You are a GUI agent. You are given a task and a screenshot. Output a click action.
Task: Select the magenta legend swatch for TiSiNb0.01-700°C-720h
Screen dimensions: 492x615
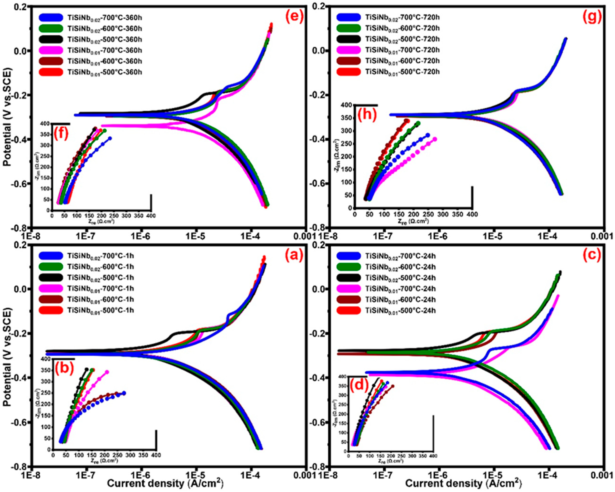click(349, 50)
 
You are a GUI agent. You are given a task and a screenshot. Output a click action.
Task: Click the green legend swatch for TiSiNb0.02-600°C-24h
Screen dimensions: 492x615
click(349, 267)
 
